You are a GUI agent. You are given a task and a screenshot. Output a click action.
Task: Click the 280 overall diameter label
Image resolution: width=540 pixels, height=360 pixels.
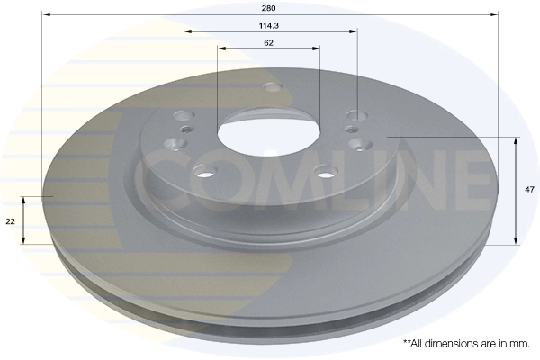[270, 7]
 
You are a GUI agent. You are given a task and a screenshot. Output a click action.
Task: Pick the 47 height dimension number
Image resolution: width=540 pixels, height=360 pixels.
[530, 189]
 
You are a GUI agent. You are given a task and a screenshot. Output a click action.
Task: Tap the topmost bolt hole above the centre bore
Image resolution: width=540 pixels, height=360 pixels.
[271, 86]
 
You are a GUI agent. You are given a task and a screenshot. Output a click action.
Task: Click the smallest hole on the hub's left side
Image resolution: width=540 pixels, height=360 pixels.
[185, 130]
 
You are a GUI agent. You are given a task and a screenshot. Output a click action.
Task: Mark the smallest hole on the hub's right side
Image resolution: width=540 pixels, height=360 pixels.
[352, 132]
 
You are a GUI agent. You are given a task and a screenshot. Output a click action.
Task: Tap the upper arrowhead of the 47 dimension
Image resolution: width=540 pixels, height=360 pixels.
[516, 140]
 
